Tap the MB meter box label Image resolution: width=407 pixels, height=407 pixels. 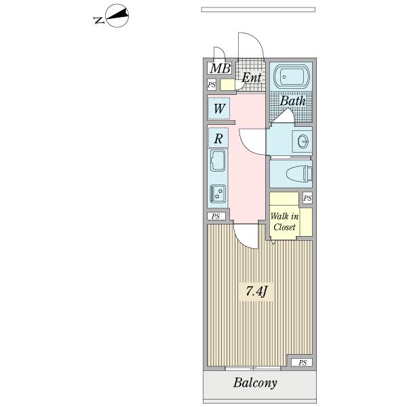click(220, 69)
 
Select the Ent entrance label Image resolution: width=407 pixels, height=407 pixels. click(251, 77)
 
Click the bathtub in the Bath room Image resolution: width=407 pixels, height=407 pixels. click(292, 76)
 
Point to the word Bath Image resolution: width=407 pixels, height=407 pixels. click(292, 100)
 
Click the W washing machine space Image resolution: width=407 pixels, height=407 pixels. click(219, 109)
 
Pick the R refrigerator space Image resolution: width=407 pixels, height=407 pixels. click(218, 138)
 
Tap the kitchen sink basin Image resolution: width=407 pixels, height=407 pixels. click(218, 161)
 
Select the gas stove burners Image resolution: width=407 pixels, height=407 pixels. click(218, 193)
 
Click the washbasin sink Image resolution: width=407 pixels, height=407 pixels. click(303, 142)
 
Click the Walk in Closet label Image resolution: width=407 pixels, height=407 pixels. click(284, 222)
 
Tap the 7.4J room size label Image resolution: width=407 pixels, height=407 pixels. click(256, 292)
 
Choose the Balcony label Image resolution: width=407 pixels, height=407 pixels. click(255, 383)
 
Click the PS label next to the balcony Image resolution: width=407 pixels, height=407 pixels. click(302, 363)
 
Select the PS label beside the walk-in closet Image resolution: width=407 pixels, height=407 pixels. click(307, 198)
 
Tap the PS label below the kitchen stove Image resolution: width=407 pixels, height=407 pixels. click(216, 216)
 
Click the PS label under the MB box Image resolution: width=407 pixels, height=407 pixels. click(212, 85)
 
